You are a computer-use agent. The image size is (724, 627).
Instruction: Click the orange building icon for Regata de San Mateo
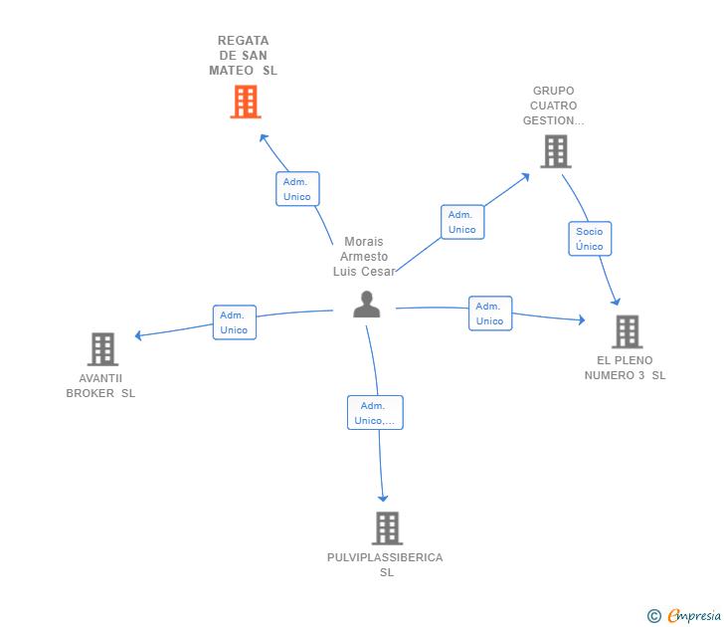click(245, 102)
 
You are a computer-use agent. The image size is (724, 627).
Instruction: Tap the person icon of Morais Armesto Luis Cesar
click(367, 305)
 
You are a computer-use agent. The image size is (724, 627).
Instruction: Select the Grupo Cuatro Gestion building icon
click(555, 151)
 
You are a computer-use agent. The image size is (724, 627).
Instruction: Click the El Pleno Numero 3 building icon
click(627, 331)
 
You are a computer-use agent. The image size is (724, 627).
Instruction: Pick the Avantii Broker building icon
click(102, 349)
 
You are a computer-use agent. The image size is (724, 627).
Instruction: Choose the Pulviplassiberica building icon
click(387, 528)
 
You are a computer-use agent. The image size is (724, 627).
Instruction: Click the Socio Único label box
click(590, 239)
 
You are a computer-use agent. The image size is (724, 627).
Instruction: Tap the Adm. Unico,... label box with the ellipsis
click(375, 413)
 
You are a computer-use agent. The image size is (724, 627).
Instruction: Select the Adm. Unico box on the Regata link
click(297, 189)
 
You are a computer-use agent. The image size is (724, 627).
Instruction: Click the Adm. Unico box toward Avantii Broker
click(235, 322)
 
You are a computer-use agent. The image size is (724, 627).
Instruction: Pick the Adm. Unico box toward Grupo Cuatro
click(462, 222)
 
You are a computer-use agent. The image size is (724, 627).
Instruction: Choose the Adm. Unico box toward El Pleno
click(490, 313)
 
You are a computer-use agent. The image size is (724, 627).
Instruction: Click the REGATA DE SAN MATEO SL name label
click(244, 56)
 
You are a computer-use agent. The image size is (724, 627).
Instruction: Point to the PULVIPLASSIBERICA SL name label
click(385, 564)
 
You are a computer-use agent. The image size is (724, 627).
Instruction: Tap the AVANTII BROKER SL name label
click(100, 385)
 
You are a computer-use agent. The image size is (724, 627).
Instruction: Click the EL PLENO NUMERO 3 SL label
click(625, 367)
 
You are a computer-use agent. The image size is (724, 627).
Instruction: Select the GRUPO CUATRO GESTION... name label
click(554, 105)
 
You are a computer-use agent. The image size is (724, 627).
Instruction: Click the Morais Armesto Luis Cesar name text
click(364, 257)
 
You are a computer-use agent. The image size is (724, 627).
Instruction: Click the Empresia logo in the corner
click(685, 616)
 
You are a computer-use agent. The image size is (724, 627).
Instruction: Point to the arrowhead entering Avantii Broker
click(139, 335)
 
